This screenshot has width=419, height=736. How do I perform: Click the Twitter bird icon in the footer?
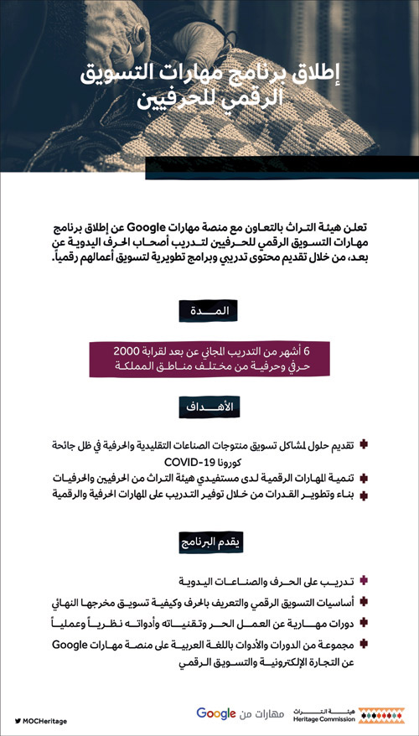[18, 721]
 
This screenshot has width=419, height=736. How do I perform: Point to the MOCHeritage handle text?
[47, 721]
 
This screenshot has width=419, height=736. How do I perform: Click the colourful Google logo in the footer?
[216, 713]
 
